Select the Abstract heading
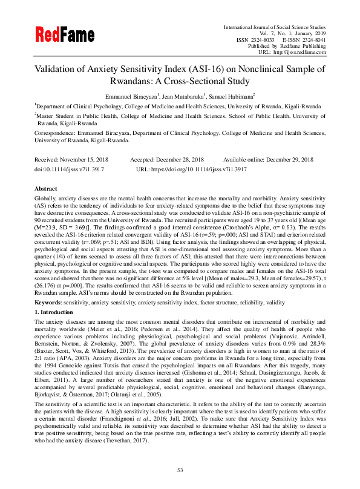click(46, 188)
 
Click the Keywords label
click(49, 284)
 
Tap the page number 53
click(180, 470)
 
